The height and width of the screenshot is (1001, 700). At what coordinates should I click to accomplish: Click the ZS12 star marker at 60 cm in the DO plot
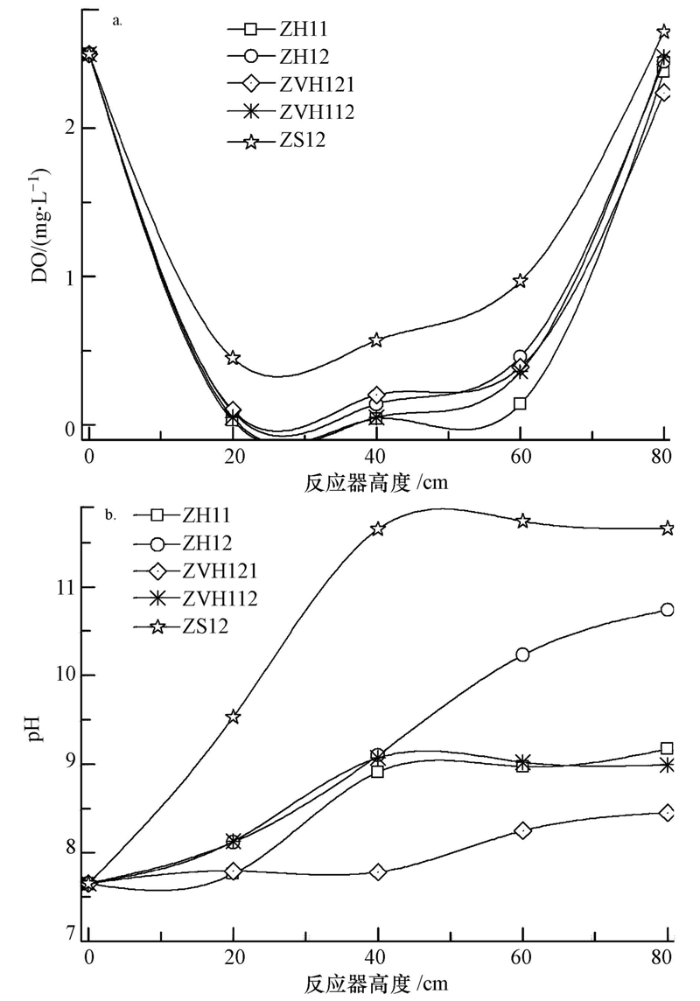click(521, 281)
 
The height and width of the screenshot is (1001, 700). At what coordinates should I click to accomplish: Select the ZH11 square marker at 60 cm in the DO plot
click(520, 403)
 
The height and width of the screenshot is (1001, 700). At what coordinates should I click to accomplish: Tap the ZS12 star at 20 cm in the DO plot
click(233, 358)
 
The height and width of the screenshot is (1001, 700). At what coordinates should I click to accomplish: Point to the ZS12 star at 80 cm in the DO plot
click(663, 32)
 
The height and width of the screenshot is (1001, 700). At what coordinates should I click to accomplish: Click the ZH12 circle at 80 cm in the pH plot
click(667, 609)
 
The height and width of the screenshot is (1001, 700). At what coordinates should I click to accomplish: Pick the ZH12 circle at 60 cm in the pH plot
click(522, 654)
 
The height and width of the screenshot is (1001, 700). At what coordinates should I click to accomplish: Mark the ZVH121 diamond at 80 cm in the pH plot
click(667, 813)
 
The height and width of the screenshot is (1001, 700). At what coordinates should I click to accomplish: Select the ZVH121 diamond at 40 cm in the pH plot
click(378, 872)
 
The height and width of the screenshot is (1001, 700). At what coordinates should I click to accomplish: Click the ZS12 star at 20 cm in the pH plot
click(233, 717)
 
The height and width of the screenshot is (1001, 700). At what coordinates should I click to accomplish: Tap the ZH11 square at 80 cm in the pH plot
click(667, 748)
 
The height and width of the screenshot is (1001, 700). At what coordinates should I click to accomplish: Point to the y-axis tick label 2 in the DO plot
click(65, 129)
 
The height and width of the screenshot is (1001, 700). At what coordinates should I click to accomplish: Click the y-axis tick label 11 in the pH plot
click(62, 588)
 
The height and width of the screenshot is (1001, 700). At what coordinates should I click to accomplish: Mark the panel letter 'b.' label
click(110, 516)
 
